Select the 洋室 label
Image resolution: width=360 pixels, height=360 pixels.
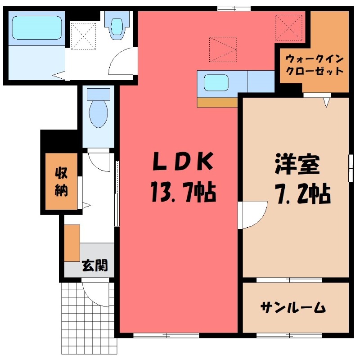297,165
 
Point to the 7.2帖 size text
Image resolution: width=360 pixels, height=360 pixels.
302,194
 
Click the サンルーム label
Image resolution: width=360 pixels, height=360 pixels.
293,307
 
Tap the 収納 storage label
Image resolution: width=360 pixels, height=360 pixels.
62,182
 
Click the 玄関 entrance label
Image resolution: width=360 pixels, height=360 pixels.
94,266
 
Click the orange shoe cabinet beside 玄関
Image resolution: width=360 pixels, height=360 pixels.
72,243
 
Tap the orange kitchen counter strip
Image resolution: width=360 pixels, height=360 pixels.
217,102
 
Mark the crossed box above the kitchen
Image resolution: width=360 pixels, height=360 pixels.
222,49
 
